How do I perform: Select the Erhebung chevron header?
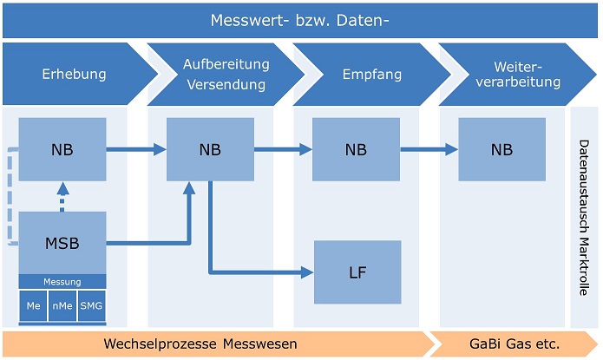tap(74, 74)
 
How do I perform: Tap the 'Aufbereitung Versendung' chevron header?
tap(226, 75)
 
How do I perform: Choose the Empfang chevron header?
tap(371, 75)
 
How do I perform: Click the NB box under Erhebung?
tap(62, 149)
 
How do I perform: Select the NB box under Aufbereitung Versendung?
tap(210, 149)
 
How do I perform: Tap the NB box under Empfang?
tap(356, 149)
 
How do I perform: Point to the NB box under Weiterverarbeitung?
tap(501, 149)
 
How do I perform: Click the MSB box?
tap(62, 243)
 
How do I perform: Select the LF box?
tap(357, 272)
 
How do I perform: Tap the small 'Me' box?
tap(33, 306)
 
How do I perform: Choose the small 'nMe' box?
tap(62, 306)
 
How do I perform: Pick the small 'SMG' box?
tap(91, 306)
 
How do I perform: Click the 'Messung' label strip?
tap(62, 282)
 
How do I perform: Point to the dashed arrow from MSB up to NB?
tap(62, 196)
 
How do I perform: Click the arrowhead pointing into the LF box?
tap(307, 272)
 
